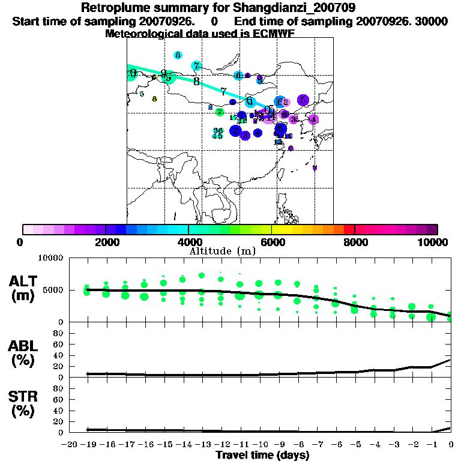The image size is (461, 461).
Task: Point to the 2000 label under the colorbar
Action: click(105, 242)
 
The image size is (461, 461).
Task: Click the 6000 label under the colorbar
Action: click(271, 242)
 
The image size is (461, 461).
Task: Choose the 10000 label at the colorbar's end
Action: click(436, 242)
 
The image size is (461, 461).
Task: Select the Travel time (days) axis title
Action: click(262, 456)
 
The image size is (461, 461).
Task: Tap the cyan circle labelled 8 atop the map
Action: click(178, 55)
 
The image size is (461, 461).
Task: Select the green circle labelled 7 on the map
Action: click(220, 112)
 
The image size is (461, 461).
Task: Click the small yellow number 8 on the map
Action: click(154, 99)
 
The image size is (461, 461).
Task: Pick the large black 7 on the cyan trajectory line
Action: click(223, 92)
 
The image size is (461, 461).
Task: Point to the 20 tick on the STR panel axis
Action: click(60, 421)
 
